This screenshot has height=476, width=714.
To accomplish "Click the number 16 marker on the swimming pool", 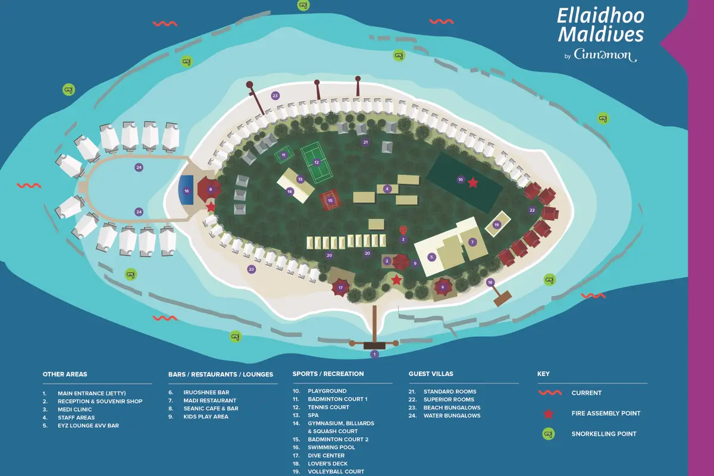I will pos(186,191).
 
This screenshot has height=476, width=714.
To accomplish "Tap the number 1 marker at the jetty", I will pos(374,354).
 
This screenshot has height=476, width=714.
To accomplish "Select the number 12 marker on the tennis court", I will pos(317,162).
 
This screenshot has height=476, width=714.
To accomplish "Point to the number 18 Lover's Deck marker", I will pos(490,282).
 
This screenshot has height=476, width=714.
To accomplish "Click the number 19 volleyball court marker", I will pos(497,224).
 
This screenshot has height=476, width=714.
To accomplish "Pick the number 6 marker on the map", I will pos(442,287).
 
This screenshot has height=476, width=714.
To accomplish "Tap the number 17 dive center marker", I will pos(341,287).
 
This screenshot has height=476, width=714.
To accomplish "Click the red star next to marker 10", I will pos(472,183).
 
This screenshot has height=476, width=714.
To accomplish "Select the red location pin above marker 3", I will pos(403,230).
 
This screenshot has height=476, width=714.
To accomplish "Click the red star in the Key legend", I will pos(549,414).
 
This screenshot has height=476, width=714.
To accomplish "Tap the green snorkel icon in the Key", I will pos(549,434).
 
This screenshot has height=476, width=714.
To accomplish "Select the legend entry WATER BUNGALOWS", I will pos(452,416).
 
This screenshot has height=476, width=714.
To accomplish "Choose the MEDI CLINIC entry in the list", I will pos(74,409).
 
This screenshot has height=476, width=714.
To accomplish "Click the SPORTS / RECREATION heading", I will pos(328,374).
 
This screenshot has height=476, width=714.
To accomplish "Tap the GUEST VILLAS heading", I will pos(431,374).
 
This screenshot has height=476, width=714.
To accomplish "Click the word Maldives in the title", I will pos(600,35).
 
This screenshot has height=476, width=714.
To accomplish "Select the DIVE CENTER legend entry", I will pos(326,456).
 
